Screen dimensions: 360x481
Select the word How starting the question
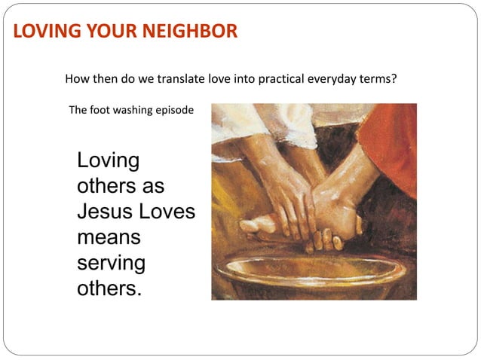(77, 78)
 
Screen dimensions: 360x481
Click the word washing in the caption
(133, 110)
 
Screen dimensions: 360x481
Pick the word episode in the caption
(175, 110)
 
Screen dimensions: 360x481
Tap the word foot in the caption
(100, 110)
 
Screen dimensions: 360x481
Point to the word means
(109, 238)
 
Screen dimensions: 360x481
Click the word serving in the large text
(112, 264)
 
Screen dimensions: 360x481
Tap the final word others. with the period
(109, 289)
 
